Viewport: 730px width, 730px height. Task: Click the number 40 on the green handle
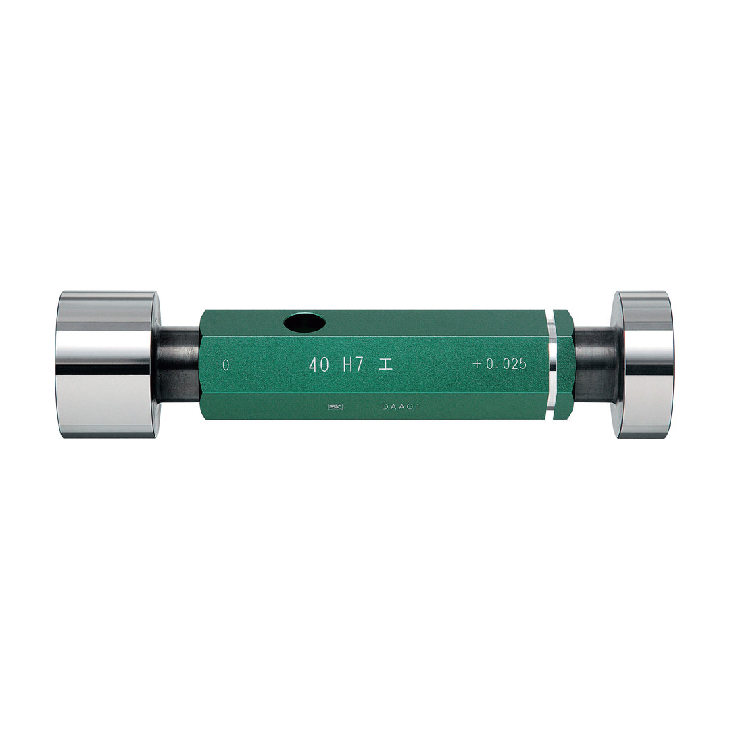319,364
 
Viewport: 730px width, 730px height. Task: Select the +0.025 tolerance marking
500,364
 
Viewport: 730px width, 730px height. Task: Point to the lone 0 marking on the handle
226,365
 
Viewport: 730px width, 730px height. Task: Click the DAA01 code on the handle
401,407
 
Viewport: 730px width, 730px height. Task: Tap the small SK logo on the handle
334,407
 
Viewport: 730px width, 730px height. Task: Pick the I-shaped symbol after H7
385,364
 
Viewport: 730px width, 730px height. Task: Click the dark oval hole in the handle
304,323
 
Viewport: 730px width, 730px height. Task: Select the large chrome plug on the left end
107,365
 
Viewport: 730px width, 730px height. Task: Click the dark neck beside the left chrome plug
179,365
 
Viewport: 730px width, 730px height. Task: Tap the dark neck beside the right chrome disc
593,365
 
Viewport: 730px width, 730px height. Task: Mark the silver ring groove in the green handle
552,365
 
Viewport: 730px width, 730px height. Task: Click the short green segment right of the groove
564,365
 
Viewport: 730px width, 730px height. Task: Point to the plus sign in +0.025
477,364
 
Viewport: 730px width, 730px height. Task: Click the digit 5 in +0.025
522,364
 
